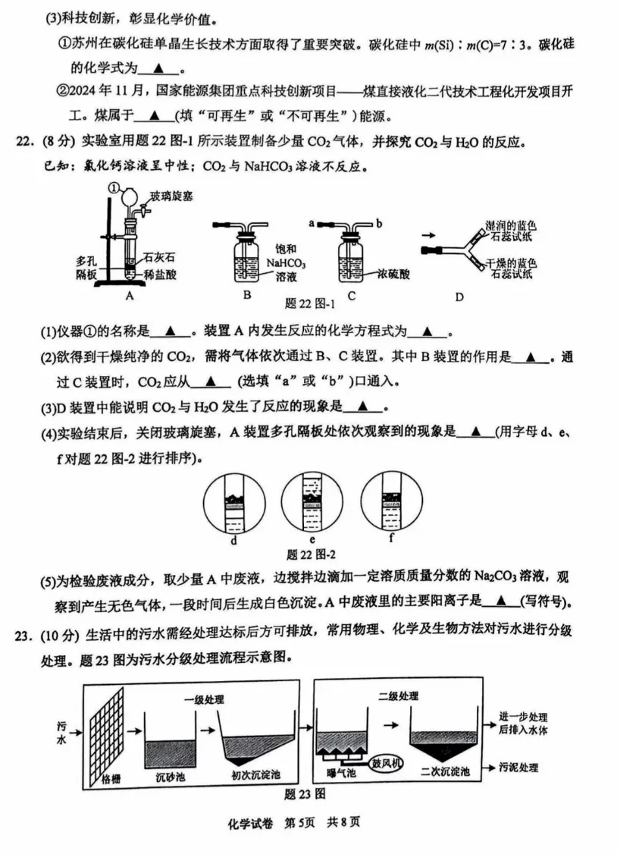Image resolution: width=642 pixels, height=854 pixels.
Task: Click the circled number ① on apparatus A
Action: pos(114,187)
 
